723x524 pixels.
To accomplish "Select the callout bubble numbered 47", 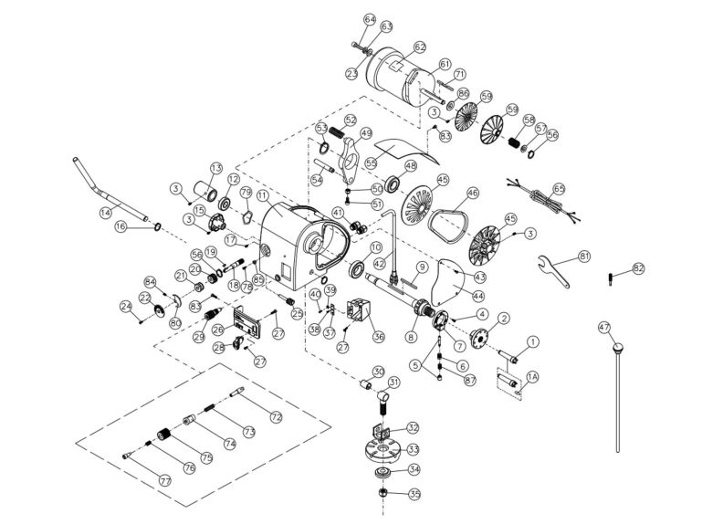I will point(604,326).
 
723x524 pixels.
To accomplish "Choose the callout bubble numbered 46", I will point(472,194).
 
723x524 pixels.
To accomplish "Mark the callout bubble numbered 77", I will point(164,478).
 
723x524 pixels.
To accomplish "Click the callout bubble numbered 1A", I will point(533,375).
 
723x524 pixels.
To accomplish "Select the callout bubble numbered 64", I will point(370,18).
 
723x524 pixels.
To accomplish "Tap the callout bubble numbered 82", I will point(638,268).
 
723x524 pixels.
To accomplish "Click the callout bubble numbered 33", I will point(413,448).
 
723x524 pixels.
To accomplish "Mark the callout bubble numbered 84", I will point(151,281).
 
